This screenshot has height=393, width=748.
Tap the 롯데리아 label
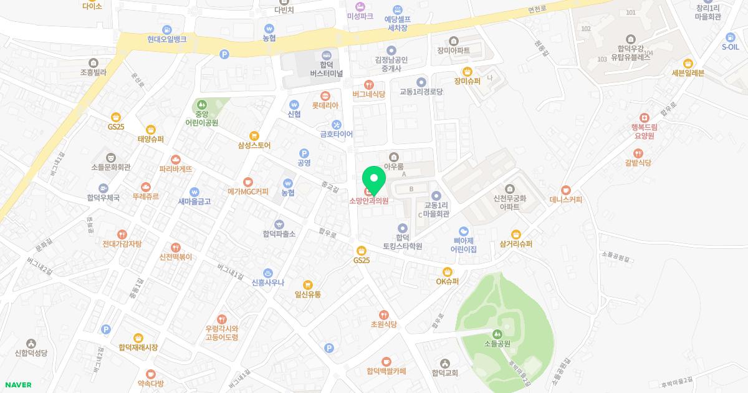point(325,105)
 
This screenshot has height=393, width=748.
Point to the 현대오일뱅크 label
point(167,39)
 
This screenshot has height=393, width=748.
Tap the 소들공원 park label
point(497,343)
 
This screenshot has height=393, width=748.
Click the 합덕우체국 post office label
point(103,196)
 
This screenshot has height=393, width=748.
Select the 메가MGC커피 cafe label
point(248,192)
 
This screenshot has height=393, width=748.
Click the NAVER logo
point(18,385)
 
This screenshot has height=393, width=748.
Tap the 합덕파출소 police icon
point(279,224)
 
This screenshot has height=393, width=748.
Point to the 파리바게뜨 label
point(176,169)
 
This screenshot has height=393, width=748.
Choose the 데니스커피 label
point(566,200)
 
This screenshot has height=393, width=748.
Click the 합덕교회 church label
point(445,372)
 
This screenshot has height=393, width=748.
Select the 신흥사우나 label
point(268,282)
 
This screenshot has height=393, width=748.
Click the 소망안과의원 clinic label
point(369,201)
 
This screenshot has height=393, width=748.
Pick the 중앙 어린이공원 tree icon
point(201,104)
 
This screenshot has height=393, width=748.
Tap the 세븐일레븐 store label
point(688,72)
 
